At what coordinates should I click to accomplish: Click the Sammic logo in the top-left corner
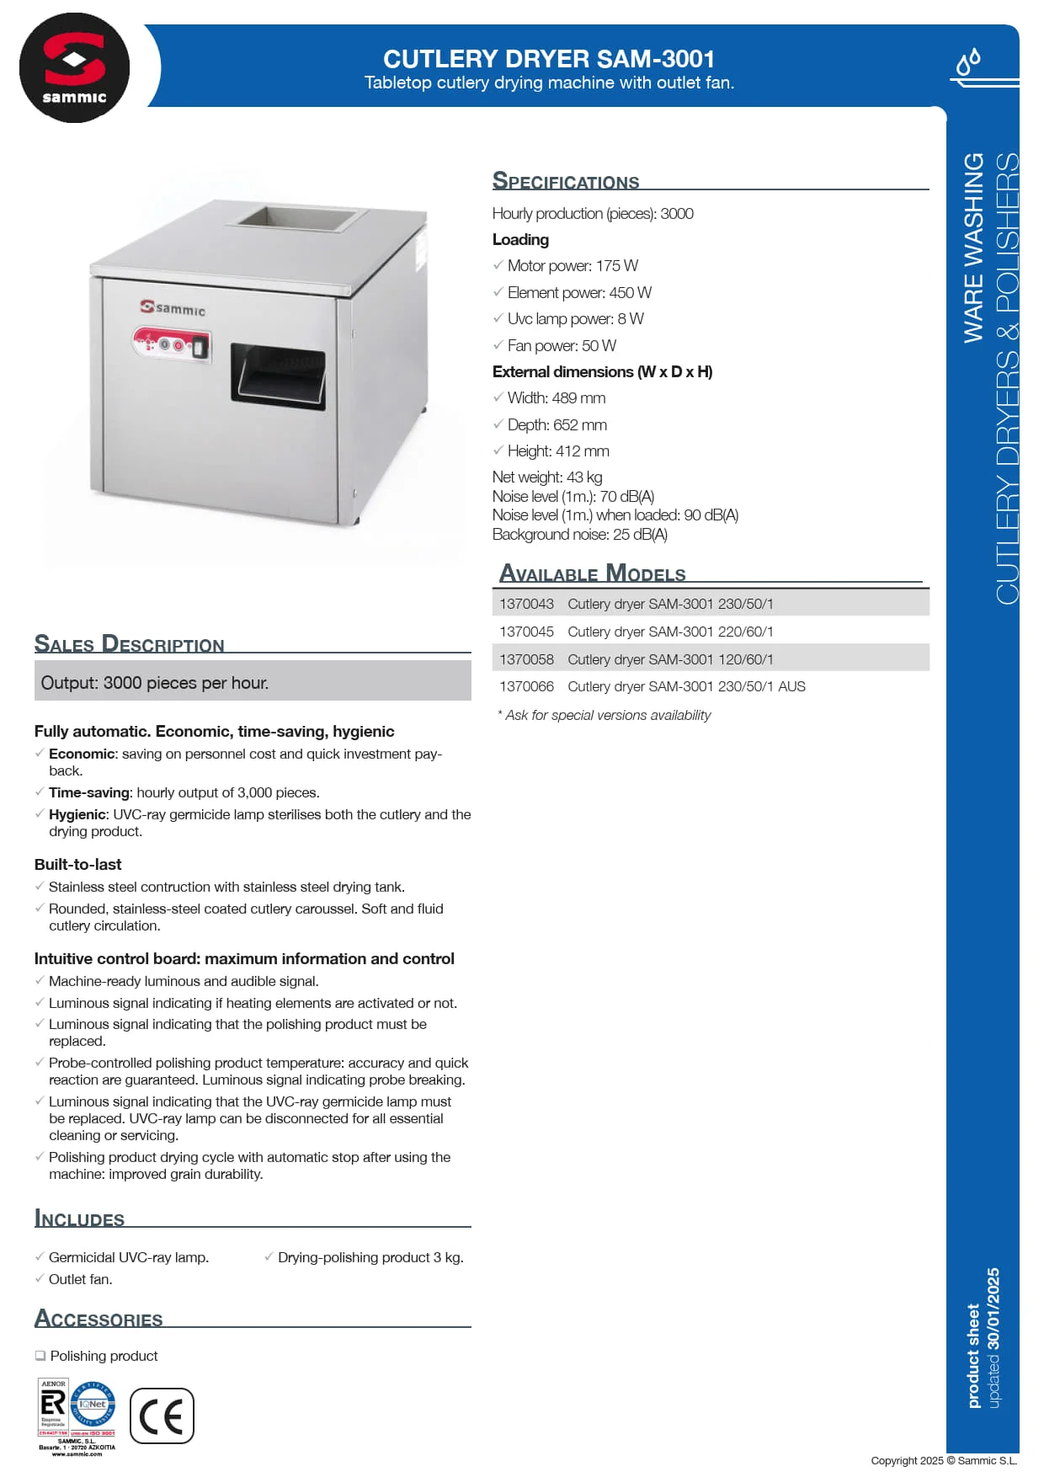coord(74,68)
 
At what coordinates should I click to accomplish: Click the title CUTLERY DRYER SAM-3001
coord(549,59)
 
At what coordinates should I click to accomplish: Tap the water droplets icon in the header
coord(969,62)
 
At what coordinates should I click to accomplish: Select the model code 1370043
coord(526,604)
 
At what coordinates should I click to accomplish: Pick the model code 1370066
coord(526,686)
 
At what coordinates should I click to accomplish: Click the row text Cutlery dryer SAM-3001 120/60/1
coord(670,659)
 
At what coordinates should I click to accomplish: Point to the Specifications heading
coord(566,181)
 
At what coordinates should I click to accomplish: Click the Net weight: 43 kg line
coord(547,477)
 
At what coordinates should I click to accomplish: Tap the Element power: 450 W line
coord(579,292)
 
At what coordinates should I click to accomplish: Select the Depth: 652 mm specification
coord(557,424)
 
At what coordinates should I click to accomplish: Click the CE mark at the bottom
coord(162,1416)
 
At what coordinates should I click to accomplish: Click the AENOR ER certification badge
coord(53,1407)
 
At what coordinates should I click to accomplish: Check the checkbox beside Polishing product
coord(40,1356)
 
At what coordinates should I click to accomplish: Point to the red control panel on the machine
coord(172,344)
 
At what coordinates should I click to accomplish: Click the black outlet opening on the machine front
coord(278,375)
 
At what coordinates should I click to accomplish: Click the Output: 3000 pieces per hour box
coord(253,681)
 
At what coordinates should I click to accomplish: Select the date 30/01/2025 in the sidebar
coord(993,1309)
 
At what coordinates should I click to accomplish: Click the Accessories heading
coord(99,1319)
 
